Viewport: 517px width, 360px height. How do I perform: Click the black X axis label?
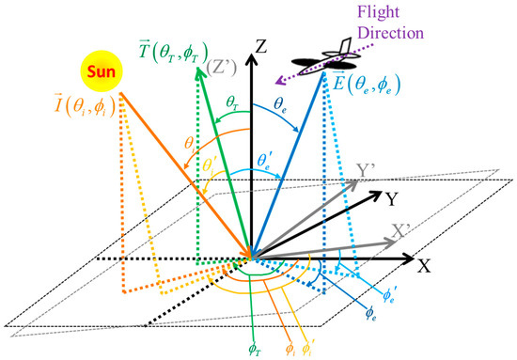[x=423, y=264]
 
